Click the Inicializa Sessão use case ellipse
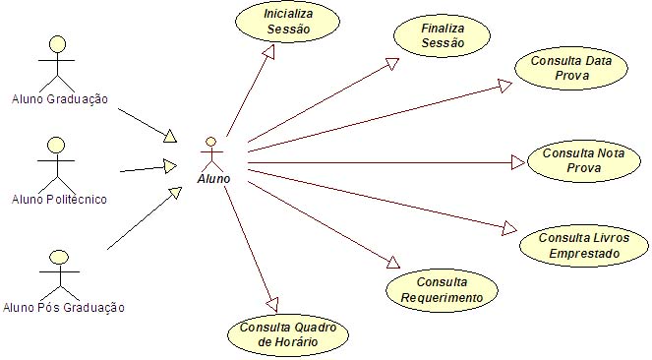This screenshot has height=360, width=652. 287,24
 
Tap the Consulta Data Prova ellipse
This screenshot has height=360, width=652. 570,67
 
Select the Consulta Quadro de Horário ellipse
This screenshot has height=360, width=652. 289,334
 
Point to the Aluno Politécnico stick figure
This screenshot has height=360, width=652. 57,161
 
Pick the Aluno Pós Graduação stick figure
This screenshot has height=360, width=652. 59,270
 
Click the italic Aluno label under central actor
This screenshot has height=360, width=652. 214,179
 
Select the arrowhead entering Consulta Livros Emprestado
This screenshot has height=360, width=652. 507,229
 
